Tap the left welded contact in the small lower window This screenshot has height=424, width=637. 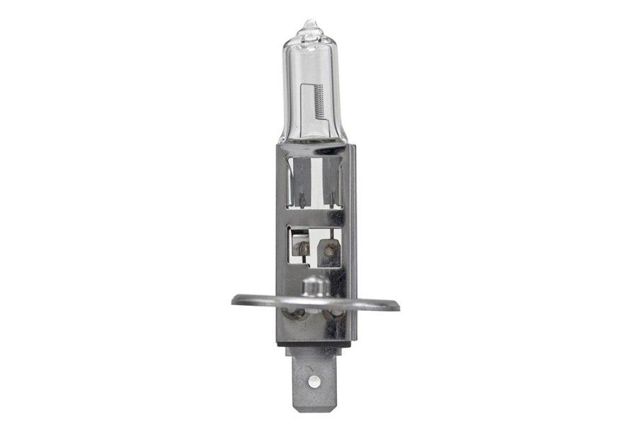(302, 248)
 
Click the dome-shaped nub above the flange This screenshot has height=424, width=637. (313, 285)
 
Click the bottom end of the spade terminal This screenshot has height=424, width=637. (313, 401)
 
